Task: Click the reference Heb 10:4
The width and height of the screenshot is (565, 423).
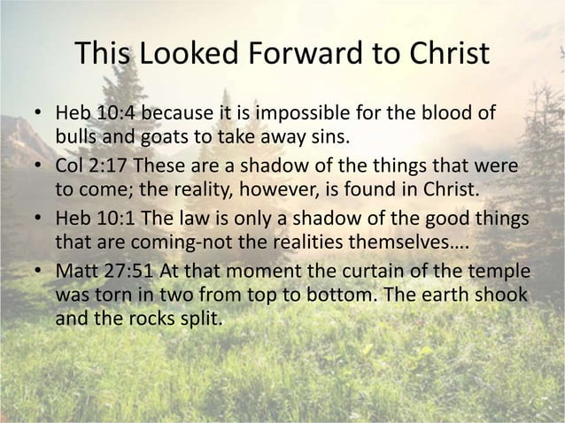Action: (x=92, y=116)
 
